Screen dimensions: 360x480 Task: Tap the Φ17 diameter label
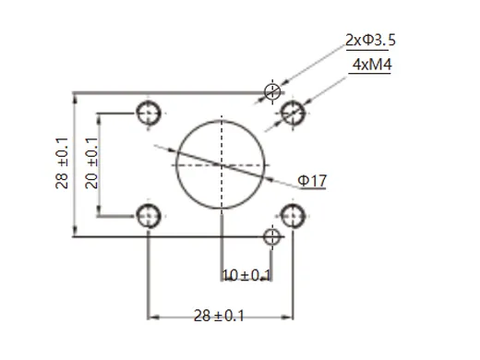[311, 181]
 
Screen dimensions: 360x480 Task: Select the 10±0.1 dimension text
[246, 275]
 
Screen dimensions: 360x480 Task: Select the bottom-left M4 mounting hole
[148, 216]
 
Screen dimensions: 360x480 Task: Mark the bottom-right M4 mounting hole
[293, 216]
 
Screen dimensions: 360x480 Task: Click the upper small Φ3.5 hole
[271, 90]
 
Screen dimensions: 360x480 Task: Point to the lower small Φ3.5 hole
[271, 237]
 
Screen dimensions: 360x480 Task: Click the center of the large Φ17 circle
[222, 163]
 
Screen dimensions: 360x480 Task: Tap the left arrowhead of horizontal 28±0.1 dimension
[152, 312]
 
